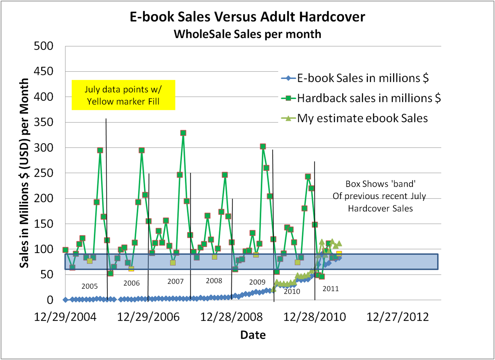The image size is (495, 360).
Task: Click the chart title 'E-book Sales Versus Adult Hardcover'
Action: (247, 17)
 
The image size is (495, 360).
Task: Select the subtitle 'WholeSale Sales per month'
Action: (247, 34)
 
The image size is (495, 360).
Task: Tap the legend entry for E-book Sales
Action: (362, 78)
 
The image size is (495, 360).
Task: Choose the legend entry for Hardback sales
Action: (369, 98)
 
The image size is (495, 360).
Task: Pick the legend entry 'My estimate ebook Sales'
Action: (362, 118)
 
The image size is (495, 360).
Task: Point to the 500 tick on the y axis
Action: (44, 46)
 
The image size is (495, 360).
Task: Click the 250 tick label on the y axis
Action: (44, 173)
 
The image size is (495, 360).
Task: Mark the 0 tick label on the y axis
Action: (50, 300)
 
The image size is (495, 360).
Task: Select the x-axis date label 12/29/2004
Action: (65, 317)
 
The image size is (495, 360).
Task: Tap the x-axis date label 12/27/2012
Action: (397, 317)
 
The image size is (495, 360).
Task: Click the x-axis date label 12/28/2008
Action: (231, 317)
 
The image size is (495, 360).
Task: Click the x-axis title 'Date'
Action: (253, 335)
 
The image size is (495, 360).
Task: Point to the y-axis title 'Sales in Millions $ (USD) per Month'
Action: (24, 173)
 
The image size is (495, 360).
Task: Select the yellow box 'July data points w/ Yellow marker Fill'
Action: (123, 95)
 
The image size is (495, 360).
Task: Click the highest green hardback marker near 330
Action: (183, 133)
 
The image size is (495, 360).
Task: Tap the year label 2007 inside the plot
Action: (175, 281)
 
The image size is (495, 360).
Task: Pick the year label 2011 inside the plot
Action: (331, 289)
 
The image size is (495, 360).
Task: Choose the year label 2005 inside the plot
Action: (90, 286)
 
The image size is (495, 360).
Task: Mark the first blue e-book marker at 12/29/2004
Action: (65, 300)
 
